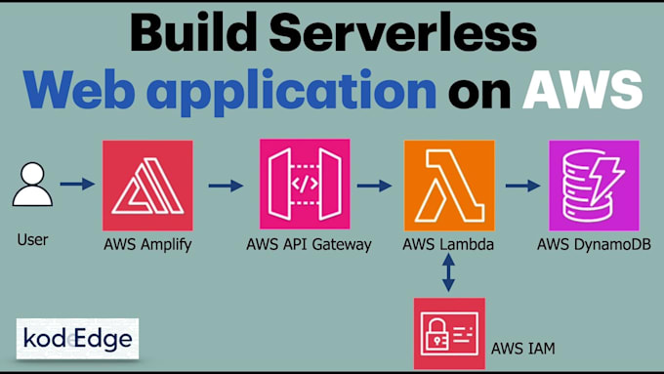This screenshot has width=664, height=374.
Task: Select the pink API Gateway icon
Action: (x=305, y=185)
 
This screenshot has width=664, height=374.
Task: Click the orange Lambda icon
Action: (x=449, y=185)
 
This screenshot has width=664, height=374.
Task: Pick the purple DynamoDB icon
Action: (x=594, y=185)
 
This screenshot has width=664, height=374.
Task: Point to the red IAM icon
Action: (x=449, y=334)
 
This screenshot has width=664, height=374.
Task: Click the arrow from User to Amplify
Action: (x=77, y=184)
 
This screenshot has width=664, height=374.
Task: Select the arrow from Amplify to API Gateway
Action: (x=226, y=184)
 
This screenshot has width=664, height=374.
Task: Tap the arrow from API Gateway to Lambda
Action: (x=374, y=184)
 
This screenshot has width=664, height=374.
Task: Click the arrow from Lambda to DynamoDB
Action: (x=521, y=184)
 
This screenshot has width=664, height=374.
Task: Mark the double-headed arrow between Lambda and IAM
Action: (x=448, y=272)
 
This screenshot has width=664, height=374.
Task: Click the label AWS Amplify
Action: (x=147, y=244)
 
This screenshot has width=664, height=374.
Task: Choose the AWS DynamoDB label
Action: (x=594, y=244)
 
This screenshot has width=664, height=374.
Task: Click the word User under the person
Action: (x=33, y=239)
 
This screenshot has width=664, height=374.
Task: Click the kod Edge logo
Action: (x=78, y=339)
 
